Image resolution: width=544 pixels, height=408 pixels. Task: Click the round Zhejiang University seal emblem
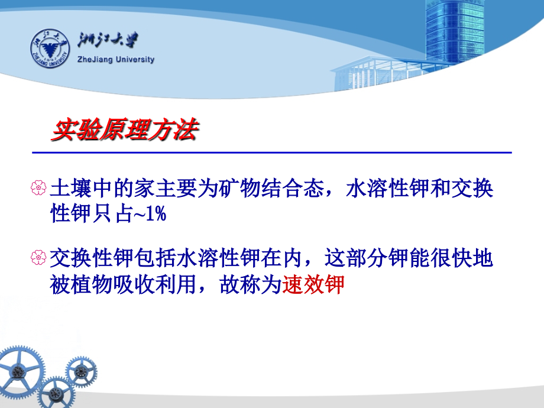(50, 48)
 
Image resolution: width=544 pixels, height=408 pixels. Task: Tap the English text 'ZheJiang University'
(116, 59)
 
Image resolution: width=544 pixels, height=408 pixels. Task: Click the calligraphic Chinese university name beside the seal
(108, 40)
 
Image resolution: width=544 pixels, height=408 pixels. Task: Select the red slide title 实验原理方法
(125, 129)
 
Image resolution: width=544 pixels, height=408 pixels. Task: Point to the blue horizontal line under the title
(272, 153)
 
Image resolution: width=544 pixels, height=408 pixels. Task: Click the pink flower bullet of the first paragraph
(38, 187)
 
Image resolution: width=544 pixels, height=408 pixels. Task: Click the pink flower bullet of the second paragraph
(38, 257)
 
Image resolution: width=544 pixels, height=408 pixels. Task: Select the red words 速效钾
(313, 284)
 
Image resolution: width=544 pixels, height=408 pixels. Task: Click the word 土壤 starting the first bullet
(71, 188)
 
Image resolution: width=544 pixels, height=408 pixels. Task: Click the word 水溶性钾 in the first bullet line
(388, 188)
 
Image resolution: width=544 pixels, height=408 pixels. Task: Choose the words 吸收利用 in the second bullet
(155, 284)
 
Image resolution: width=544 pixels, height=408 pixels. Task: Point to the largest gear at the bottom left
(20, 371)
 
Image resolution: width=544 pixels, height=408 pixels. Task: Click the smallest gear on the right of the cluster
(81, 371)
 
